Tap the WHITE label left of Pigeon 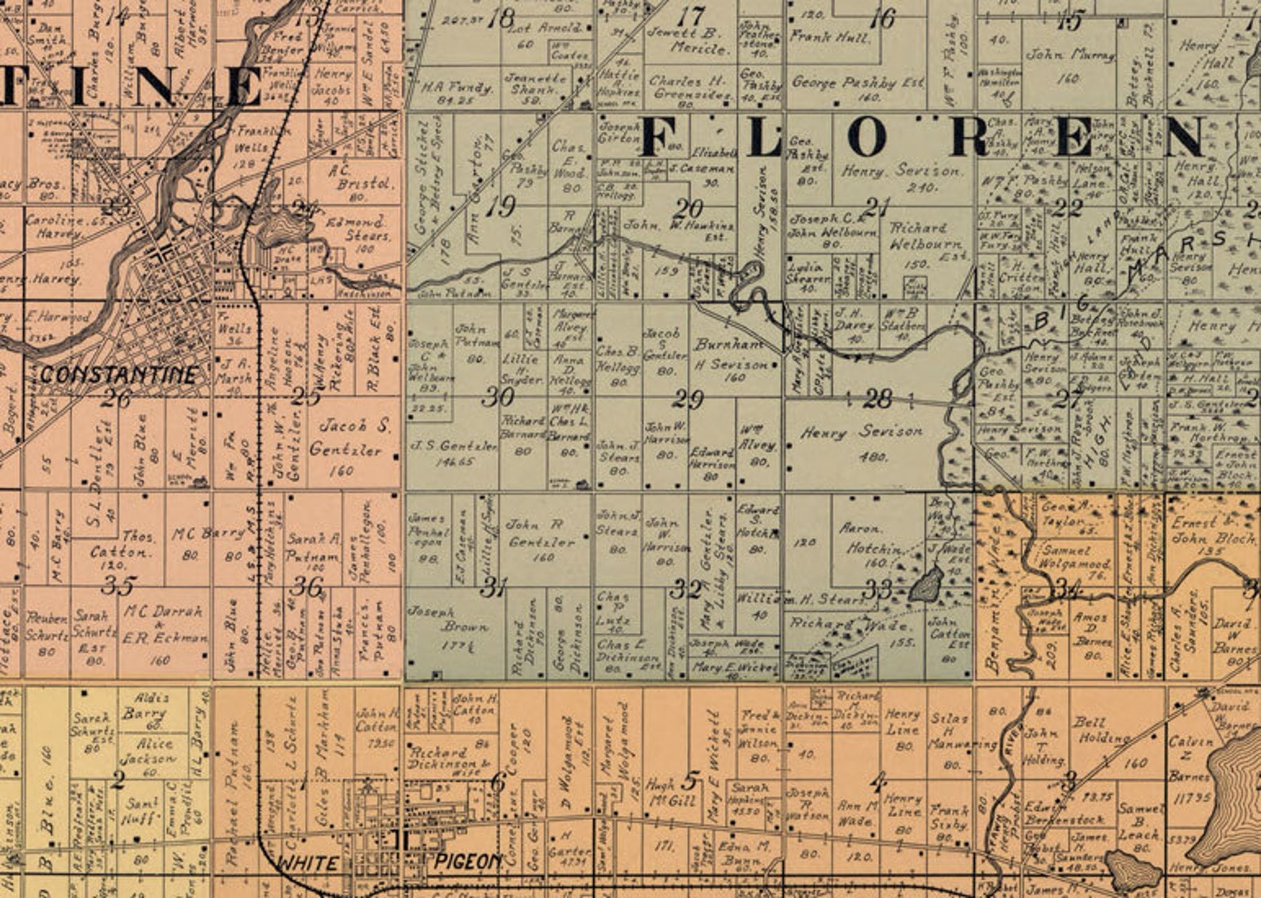[307, 863]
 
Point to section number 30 [498, 396]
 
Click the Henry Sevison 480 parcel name [862, 433]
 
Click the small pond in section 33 [925, 585]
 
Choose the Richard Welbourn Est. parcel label [924, 236]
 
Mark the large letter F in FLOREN [658, 137]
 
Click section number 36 [307, 587]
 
